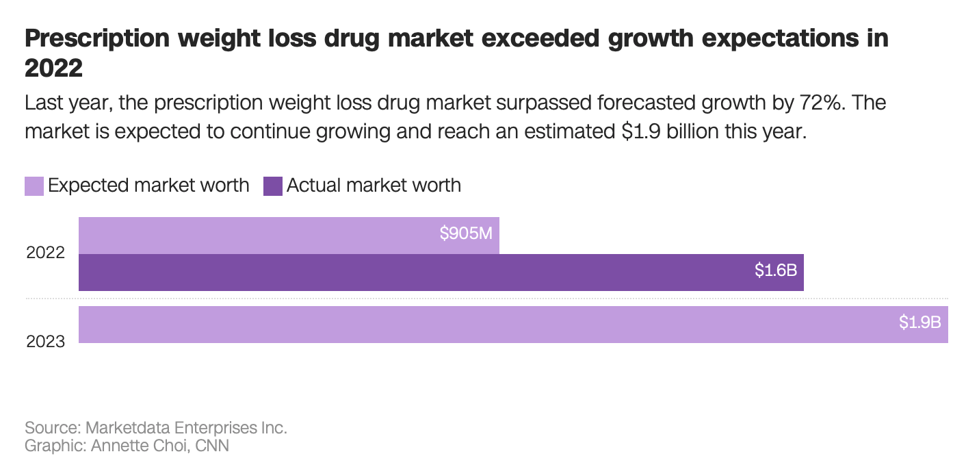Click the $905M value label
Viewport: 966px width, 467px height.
pyautogui.click(x=466, y=233)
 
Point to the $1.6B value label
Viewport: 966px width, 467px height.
pyautogui.click(x=776, y=270)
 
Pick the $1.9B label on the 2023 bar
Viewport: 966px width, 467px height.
pyautogui.click(x=920, y=322)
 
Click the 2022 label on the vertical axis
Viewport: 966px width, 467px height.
pyautogui.click(x=46, y=253)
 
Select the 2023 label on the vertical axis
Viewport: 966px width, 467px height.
pyautogui.click(x=46, y=341)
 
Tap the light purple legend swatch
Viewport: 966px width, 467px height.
pyautogui.click(x=34, y=186)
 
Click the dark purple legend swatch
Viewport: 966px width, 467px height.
pyautogui.click(x=273, y=186)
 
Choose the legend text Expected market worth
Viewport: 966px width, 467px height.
pyautogui.click(x=148, y=186)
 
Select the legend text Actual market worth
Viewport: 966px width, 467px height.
pyautogui.click(x=374, y=186)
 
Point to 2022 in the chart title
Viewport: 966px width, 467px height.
pyautogui.click(x=53, y=68)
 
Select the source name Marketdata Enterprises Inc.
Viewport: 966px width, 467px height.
pyautogui.click(x=186, y=428)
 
